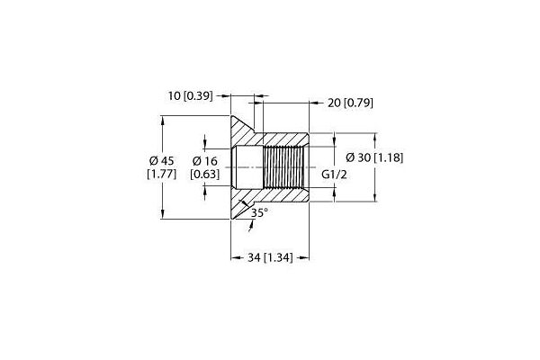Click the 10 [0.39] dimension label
click(191, 95)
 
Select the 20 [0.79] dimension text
click(350, 103)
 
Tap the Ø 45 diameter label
click(162, 160)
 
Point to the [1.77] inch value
click(162, 174)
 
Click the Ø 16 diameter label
click(205, 160)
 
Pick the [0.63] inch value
click(205, 174)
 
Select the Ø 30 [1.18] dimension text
click(374, 157)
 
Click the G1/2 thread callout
click(334, 175)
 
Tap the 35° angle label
click(259, 213)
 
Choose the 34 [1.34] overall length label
click(270, 257)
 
